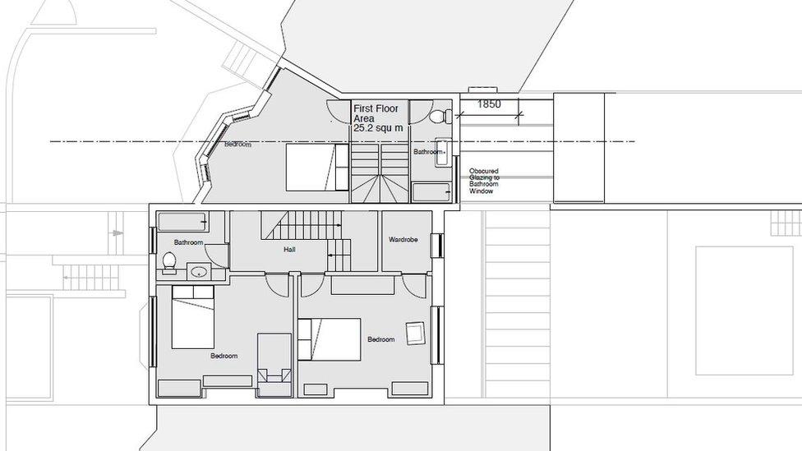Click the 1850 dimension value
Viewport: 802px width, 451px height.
(489, 104)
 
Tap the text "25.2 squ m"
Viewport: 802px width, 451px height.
(378, 129)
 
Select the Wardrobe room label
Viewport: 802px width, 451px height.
(403, 240)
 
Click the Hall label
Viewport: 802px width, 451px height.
(289, 250)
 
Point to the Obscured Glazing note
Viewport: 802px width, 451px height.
(483, 181)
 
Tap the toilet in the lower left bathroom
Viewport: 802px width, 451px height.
(169, 260)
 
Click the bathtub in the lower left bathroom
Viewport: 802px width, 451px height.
(182, 222)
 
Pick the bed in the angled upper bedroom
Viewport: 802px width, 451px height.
(317, 167)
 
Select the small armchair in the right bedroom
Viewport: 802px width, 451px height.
(415, 333)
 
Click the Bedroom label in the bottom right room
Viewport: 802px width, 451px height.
(380, 339)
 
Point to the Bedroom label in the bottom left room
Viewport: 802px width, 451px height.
(224, 356)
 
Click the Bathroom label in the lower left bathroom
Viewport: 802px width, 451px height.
(188, 242)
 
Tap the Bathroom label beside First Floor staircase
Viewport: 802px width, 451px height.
(427, 152)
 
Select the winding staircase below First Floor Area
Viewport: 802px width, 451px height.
(380, 173)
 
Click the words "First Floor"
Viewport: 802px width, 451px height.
(375, 108)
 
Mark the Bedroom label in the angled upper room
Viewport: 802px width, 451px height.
(237, 145)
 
